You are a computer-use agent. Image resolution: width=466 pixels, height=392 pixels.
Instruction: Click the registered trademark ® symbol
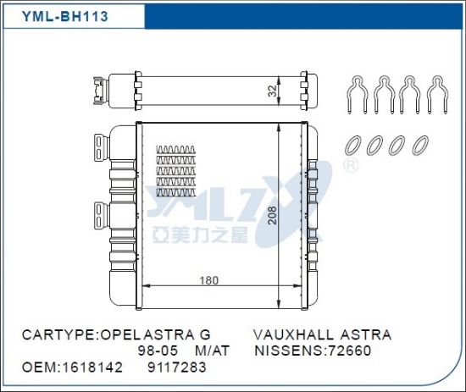click(347, 168)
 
